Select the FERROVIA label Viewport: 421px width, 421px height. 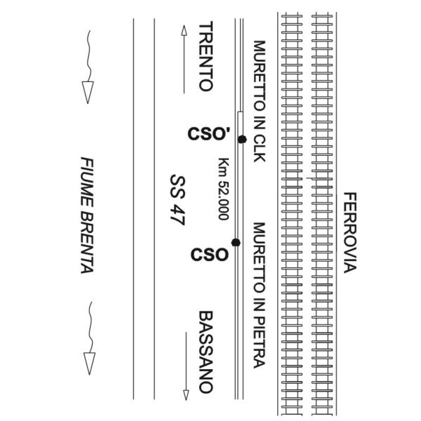pos(350,232)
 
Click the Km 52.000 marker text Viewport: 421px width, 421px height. pos(224,189)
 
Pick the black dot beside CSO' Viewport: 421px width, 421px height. pos(242,140)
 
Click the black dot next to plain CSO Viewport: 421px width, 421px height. pos(236,243)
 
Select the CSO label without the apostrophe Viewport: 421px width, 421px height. pos(210,254)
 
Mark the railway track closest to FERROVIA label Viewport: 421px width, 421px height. pos(323,210)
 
